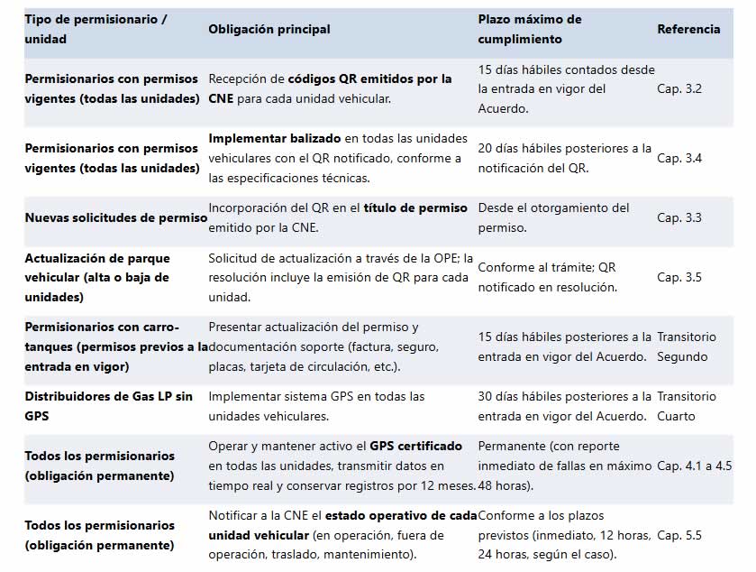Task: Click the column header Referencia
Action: point(688,29)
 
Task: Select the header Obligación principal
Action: point(269,29)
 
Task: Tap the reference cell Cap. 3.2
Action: point(679,88)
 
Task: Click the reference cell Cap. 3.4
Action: point(679,158)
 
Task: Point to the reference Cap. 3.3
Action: point(679,217)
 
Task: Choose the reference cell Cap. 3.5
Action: point(679,277)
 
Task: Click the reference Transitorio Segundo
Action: point(687,346)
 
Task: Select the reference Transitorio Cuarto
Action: point(687,406)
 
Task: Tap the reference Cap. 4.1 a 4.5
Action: point(695,466)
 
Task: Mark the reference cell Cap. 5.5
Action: point(679,535)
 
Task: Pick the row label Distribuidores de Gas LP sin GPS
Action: point(108,406)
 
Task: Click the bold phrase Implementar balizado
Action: point(275,138)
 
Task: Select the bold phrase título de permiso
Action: point(415,208)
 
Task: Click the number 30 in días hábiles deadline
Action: point(486,396)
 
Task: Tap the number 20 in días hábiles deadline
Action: point(486,148)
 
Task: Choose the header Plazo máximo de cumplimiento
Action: point(530,29)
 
